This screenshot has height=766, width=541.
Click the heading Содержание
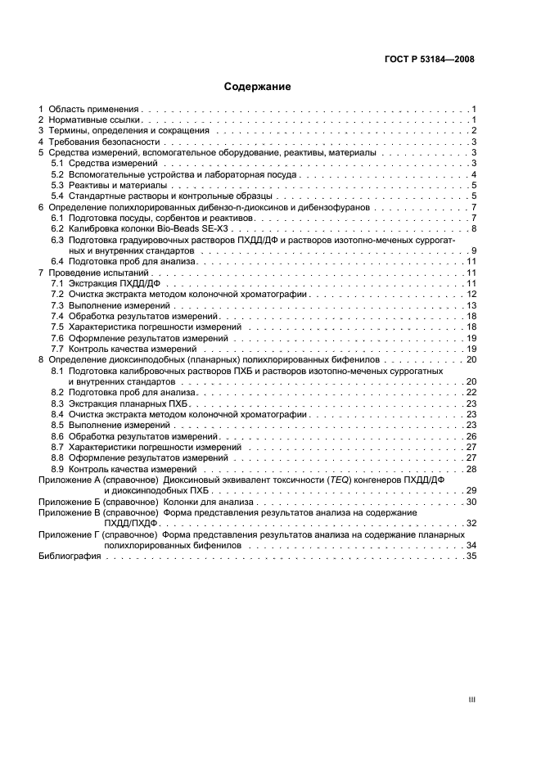[x=259, y=86]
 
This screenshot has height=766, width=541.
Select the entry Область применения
[x=94, y=108]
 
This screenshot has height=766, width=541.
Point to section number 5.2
[x=57, y=175]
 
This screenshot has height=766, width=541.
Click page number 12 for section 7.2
[x=471, y=294]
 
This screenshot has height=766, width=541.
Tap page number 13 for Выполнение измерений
[x=471, y=305]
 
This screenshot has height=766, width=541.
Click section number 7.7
[x=57, y=349]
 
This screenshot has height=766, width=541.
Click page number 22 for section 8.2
[x=471, y=393]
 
